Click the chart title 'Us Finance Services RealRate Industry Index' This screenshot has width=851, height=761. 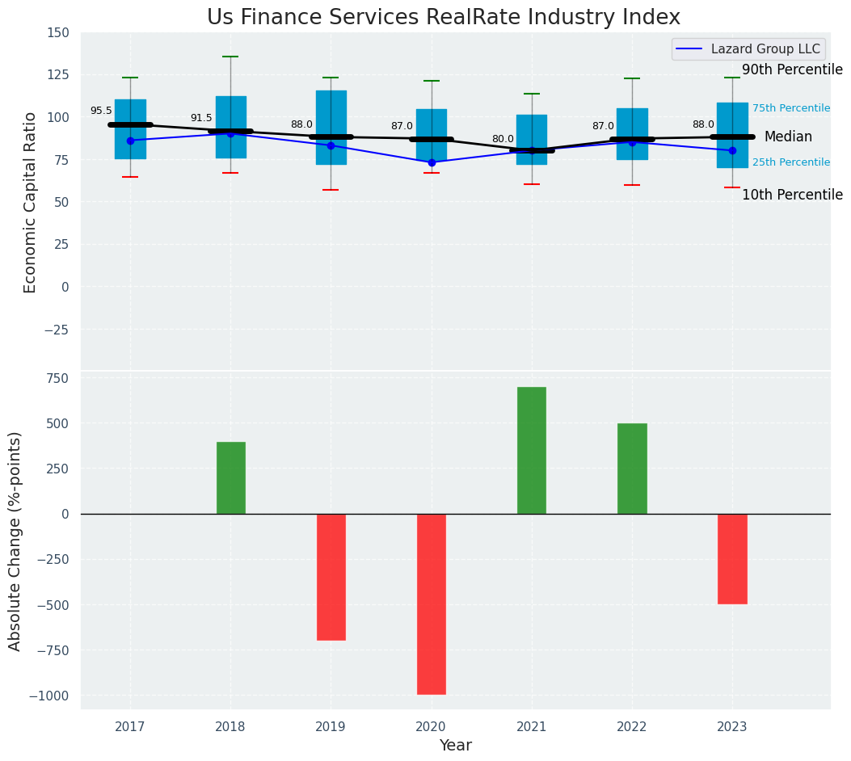pyautogui.click(x=443, y=18)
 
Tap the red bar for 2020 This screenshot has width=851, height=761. pyautogui.click(x=432, y=603)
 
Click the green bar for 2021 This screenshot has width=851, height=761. pyautogui.click(x=532, y=450)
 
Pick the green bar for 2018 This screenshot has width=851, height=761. pyautogui.click(x=231, y=477)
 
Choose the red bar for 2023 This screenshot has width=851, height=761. pyautogui.click(x=732, y=558)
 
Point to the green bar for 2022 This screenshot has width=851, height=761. pyautogui.click(x=632, y=469)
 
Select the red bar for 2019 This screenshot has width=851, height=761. pyautogui.click(x=331, y=577)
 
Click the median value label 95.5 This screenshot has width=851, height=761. pyautogui.click(x=101, y=111)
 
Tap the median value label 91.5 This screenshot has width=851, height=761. pyautogui.click(x=201, y=118)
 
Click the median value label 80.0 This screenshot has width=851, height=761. pyautogui.click(x=503, y=139)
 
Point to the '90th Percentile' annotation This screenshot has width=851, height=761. pyautogui.click(x=792, y=69)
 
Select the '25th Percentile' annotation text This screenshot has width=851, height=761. pyautogui.click(x=791, y=162)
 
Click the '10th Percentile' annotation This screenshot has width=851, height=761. pyautogui.click(x=792, y=195)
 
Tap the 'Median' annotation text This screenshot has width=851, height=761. pyautogui.click(x=788, y=137)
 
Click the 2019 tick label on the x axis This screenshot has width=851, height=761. pyautogui.click(x=331, y=727)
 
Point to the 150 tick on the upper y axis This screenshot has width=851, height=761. pyautogui.click(x=58, y=33)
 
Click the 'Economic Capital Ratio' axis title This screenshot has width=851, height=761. pyautogui.click(x=31, y=202)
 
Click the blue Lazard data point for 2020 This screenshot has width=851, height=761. pyautogui.click(x=432, y=162)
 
